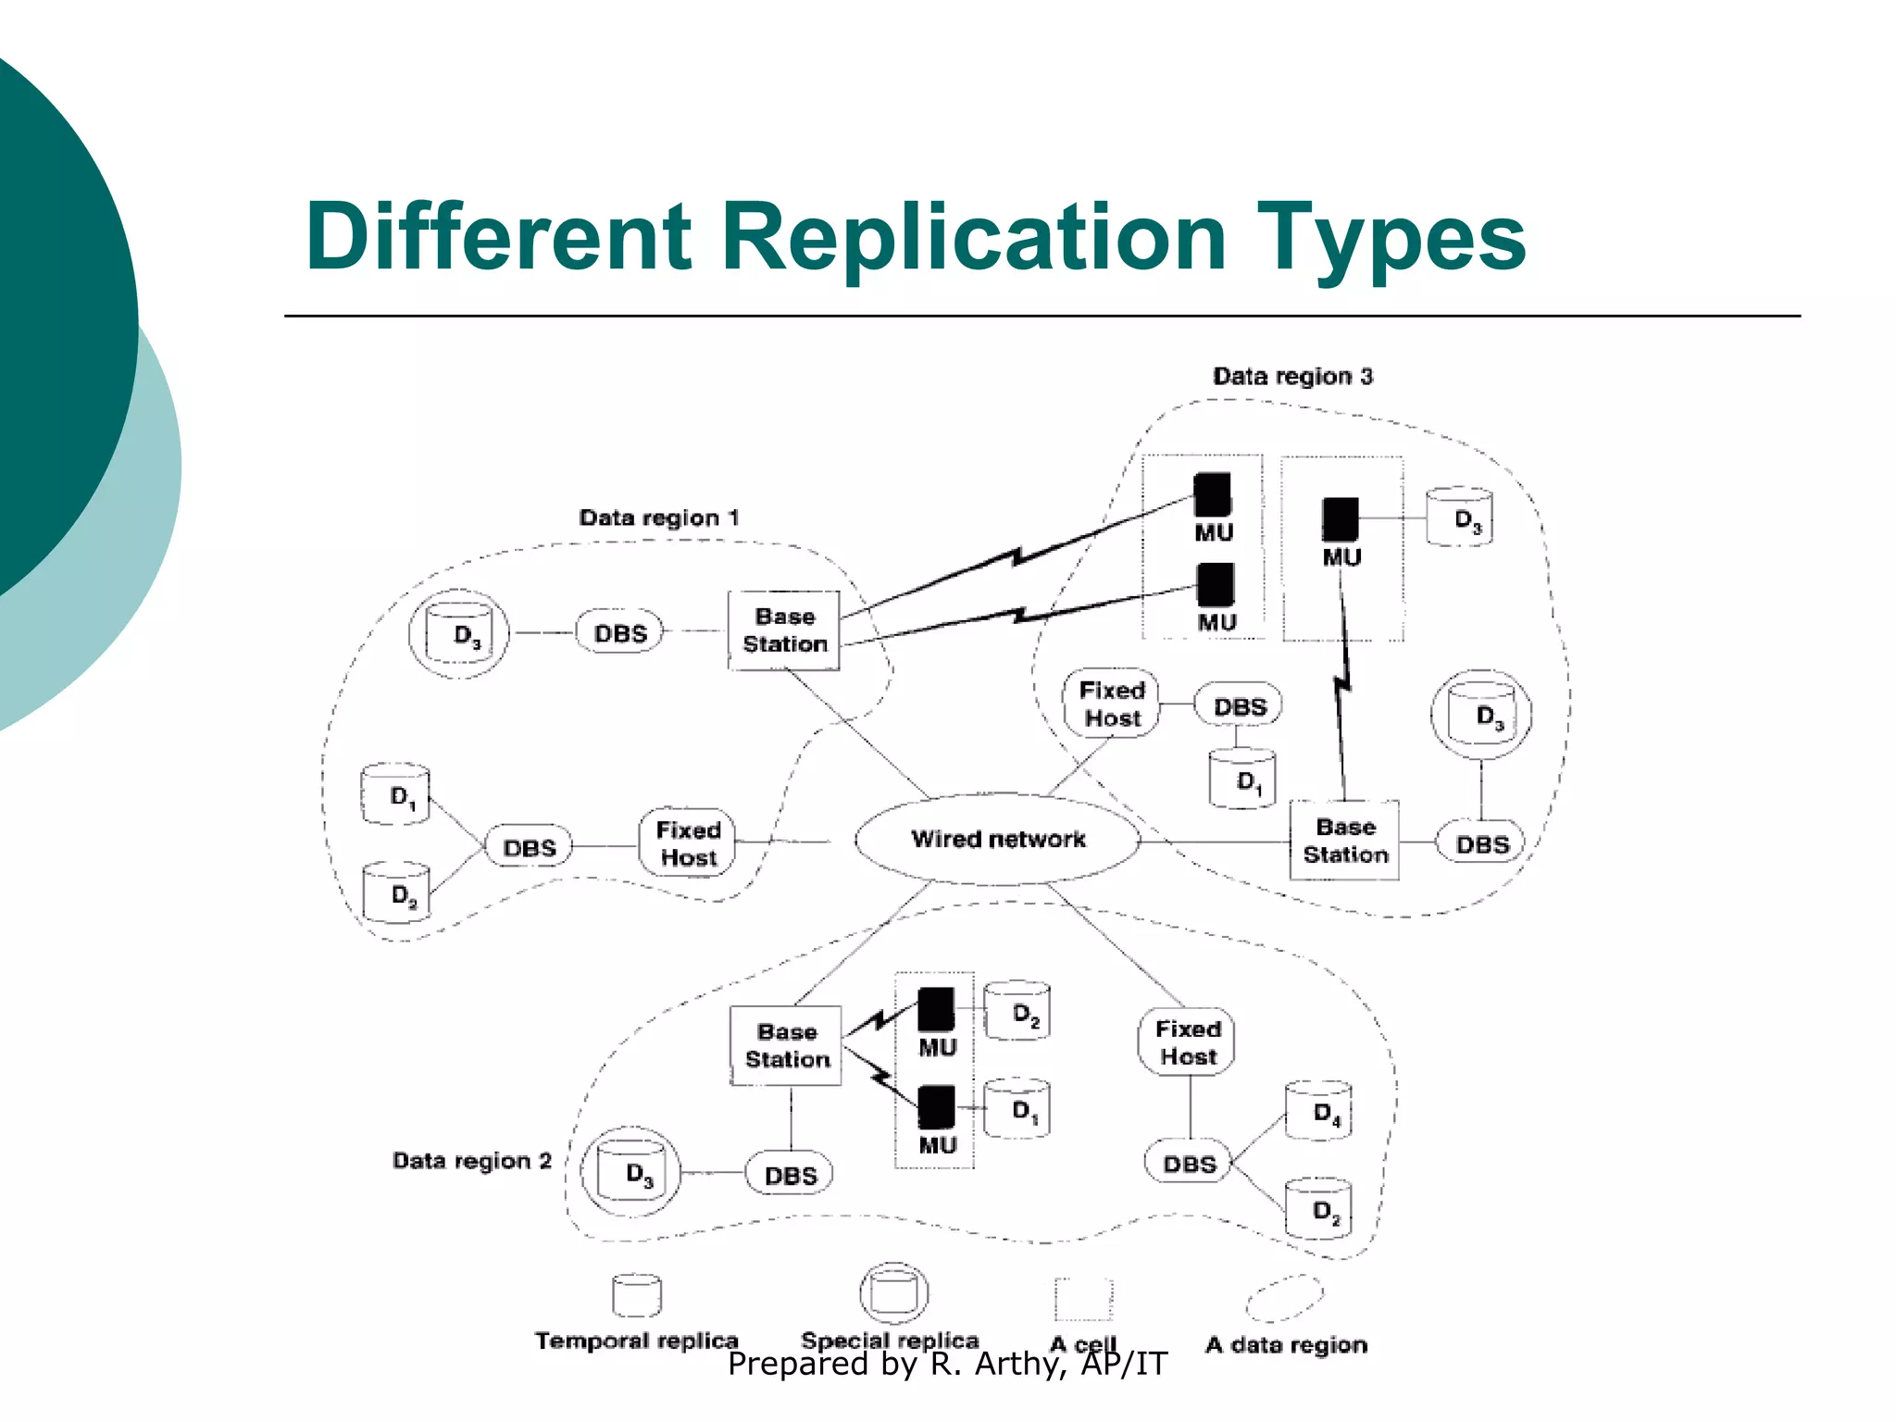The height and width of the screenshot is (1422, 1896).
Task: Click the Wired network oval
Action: coord(997,839)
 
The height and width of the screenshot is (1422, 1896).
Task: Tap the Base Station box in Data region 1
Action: coord(784,630)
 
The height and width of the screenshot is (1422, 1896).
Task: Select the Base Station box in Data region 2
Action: coord(786,1045)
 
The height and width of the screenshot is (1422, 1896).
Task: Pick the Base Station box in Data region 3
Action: coord(1344,841)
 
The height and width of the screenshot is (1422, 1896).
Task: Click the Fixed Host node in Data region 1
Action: coord(687,843)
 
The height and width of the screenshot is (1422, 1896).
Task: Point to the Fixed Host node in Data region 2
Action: coord(1187,1042)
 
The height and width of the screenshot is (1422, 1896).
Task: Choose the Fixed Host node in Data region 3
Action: coord(1112,705)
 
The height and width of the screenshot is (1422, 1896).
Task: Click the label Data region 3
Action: coord(1292,376)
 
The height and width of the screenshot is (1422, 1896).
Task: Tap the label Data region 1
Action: coord(658,518)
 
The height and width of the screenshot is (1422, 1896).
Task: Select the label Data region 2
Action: coord(471,1160)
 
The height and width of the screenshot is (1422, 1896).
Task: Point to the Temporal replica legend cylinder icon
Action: coord(637,1295)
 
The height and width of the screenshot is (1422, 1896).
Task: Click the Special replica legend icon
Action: coord(893,1292)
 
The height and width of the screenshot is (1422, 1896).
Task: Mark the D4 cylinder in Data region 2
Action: coord(1319,1111)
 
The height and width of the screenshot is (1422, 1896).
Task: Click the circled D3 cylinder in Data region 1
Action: coord(458,633)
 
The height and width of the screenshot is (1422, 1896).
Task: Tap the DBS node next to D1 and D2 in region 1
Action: coord(529,847)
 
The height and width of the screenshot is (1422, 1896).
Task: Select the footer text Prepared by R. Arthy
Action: coord(947,1364)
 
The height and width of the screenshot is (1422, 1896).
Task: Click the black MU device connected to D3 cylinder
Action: coord(1340,519)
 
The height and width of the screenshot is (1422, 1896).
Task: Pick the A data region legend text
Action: coord(1286,1344)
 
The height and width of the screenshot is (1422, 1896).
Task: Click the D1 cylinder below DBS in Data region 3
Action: coord(1242,780)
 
